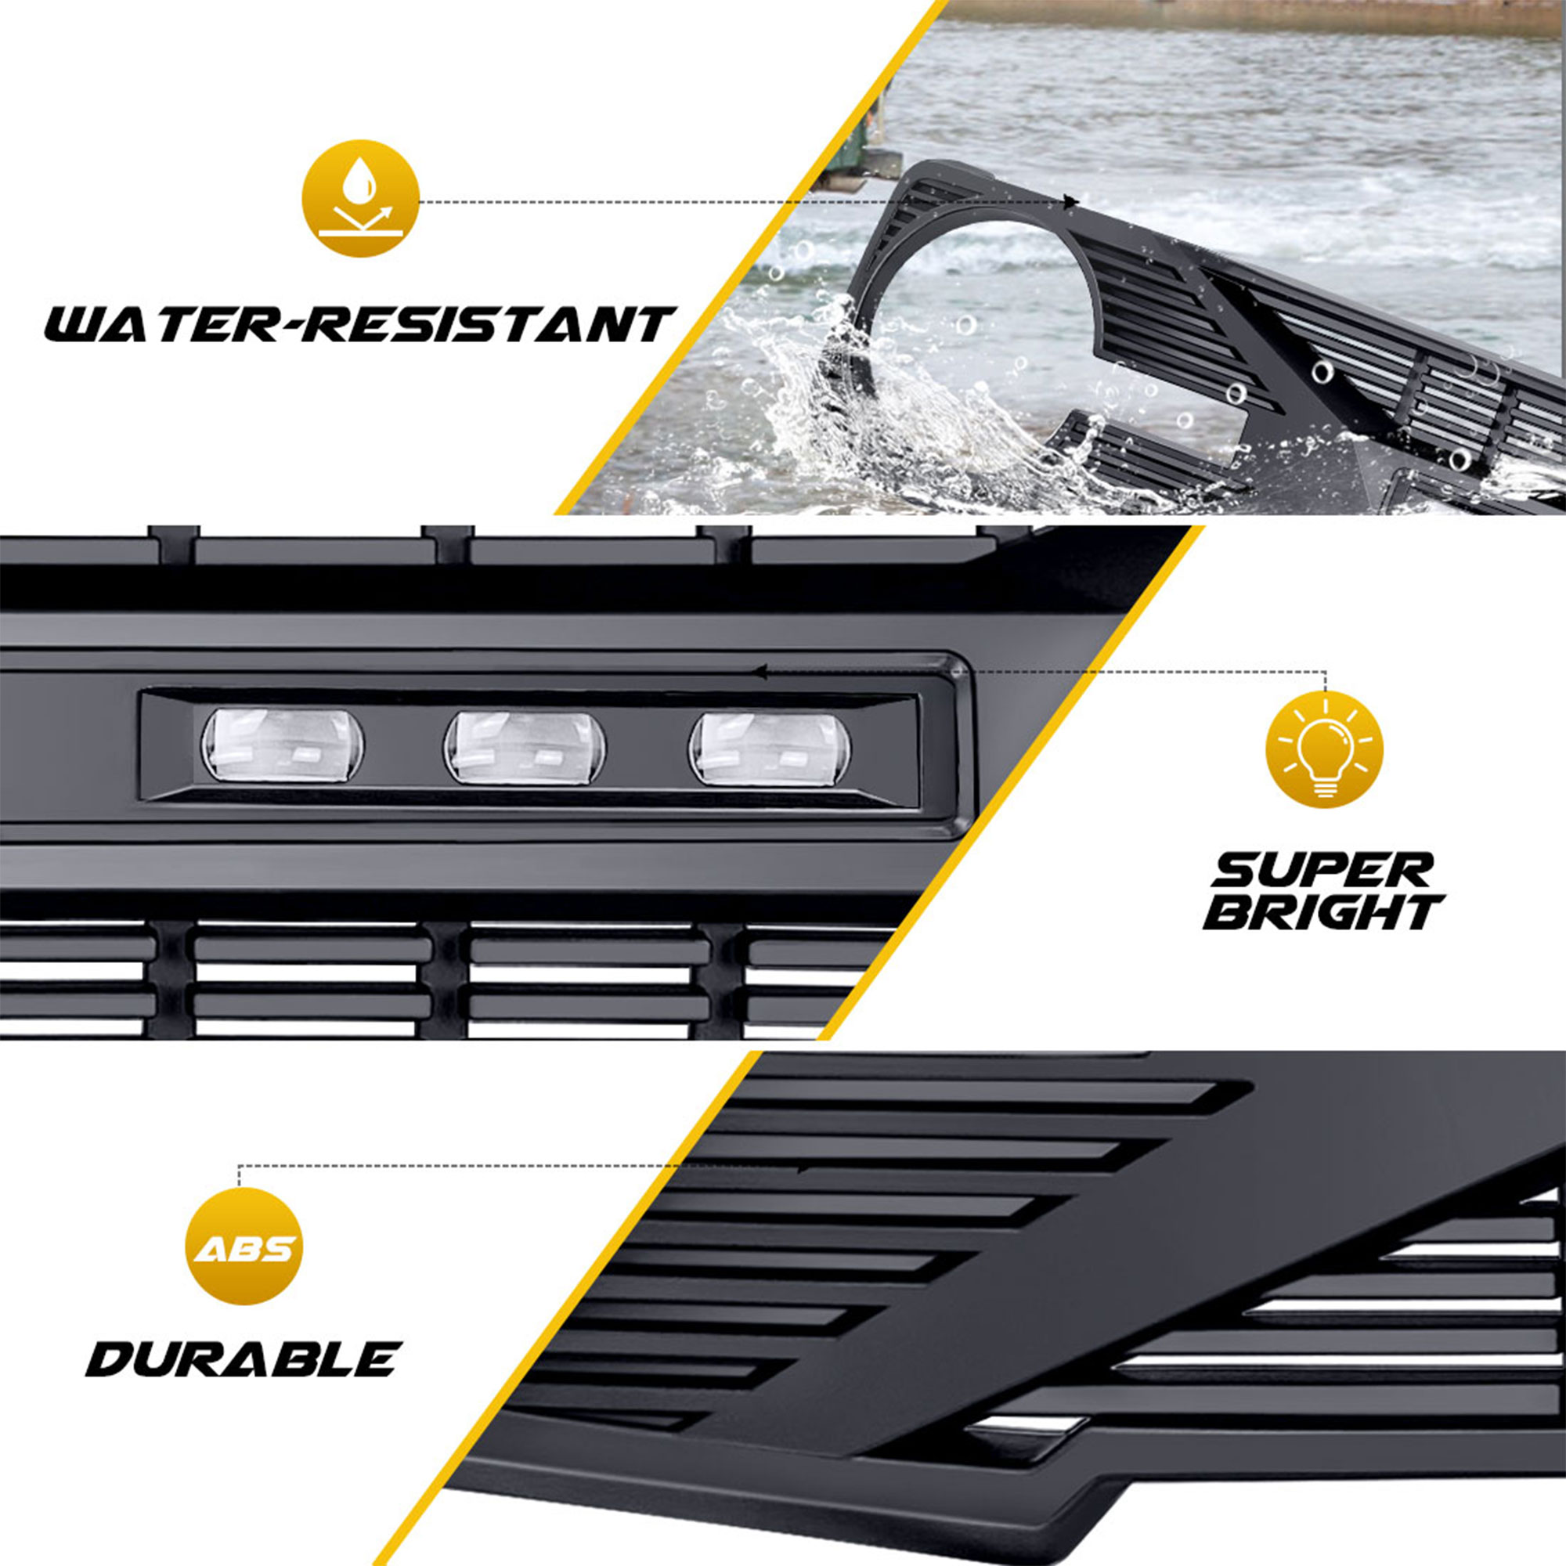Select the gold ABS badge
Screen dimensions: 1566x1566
point(244,1247)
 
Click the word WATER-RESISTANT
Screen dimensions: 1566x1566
point(359,323)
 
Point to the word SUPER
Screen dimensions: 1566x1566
point(1322,871)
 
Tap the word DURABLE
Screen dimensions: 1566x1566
point(244,1359)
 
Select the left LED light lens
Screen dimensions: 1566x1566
point(282,745)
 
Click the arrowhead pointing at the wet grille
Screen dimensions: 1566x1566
point(1072,201)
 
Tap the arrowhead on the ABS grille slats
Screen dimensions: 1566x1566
point(803,1169)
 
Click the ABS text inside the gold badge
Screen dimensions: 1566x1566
point(244,1248)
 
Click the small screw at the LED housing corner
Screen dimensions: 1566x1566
point(958,671)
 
